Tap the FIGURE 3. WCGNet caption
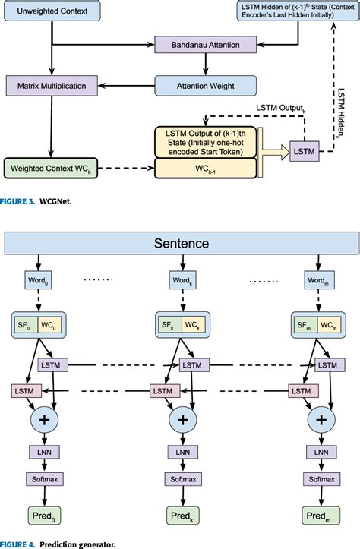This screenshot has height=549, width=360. click(x=32, y=202)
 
